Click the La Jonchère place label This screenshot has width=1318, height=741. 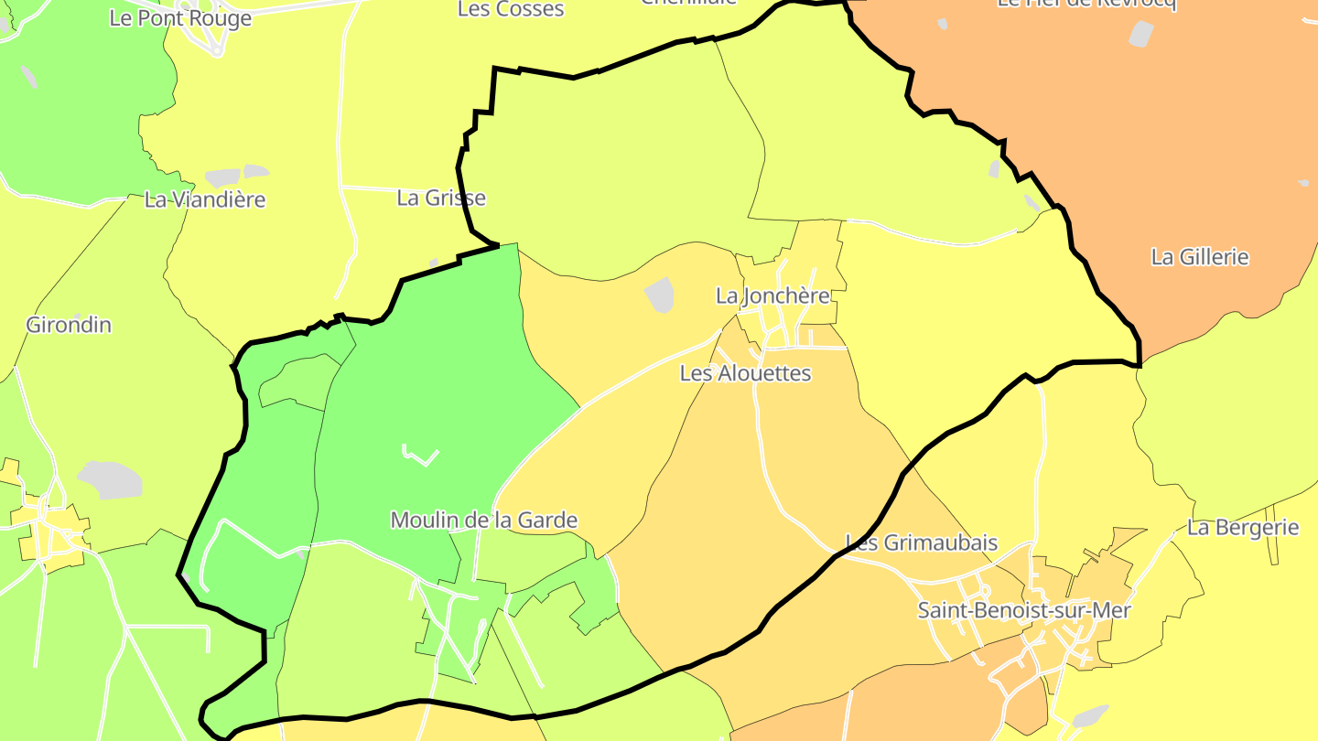(772, 295)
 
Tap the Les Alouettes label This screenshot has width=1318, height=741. (745, 373)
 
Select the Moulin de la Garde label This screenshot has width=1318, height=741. (483, 521)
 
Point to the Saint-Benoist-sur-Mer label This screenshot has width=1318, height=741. (1024, 610)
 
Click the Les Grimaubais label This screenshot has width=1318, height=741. (921, 542)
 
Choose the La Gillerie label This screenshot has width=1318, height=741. (1199, 257)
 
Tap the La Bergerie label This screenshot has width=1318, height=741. (1243, 527)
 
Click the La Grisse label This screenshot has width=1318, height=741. (441, 198)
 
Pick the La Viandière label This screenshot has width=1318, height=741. (205, 199)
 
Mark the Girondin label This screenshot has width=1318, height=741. (69, 325)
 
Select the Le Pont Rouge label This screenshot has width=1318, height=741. (180, 18)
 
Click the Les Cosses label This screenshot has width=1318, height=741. (511, 9)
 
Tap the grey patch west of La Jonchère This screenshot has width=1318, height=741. (659, 295)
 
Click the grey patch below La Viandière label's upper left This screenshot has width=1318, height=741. (222, 177)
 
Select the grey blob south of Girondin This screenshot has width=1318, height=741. (110, 479)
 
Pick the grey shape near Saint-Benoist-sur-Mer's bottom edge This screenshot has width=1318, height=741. (1089, 716)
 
